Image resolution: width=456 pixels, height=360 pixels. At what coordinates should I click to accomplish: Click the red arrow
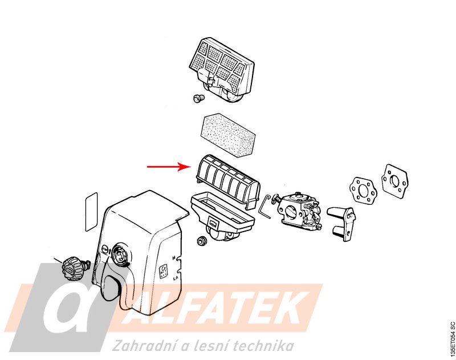click(168, 167)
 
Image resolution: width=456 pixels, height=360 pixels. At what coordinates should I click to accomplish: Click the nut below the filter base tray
click(201, 240)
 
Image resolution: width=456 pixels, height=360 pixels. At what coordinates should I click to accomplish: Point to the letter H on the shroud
click(173, 258)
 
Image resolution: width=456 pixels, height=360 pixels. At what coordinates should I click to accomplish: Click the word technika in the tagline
click(265, 346)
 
